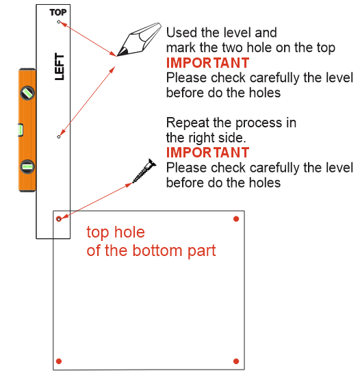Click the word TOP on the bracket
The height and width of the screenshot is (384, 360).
(58, 12)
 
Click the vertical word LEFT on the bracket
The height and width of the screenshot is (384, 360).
(60, 66)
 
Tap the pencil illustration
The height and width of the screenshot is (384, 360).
(139, 39)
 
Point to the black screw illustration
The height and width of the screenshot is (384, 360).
(144, 170)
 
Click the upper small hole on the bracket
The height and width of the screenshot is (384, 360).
(59, 22)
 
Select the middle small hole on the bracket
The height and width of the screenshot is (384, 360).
(59, 137)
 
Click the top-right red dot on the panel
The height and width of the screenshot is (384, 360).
(236, 218)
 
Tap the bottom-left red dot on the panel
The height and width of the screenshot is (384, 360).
(59, 361)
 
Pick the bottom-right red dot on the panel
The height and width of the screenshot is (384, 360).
(236, 361)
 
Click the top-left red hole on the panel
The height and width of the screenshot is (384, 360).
(59, 218)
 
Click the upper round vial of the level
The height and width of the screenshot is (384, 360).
(27, 93)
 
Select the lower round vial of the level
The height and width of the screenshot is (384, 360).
(27, 167)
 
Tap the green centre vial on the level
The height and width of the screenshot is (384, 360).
(21, 130)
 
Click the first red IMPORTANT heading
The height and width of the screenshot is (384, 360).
(207, 63)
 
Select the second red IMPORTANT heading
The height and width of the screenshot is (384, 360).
(207, 153)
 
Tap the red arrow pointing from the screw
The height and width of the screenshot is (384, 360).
(96, 201)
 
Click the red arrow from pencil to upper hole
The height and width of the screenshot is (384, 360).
(88, 39)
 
